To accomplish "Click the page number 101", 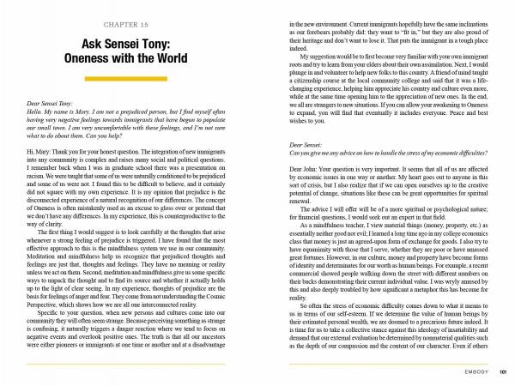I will point(506,371).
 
